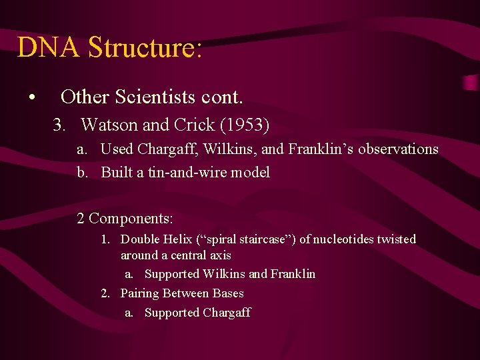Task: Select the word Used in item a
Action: pos(117,149)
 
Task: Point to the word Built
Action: pos(117,173)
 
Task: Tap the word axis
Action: pos(219,255)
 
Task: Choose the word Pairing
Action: pos(139,293)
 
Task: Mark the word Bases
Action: pos(228,293)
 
